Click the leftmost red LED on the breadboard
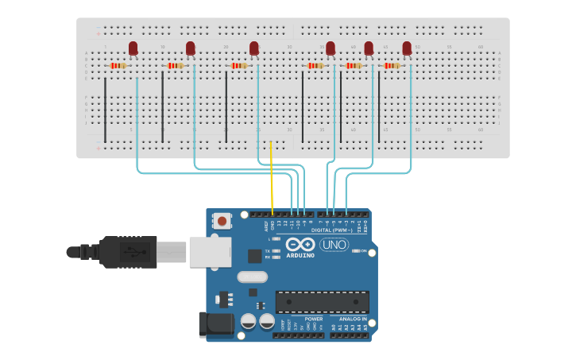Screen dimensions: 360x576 pos(133,48)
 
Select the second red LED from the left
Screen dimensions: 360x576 pos(191,48)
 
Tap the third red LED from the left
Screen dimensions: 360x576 pos(254,48)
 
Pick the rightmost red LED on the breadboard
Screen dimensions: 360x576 pos(407,48)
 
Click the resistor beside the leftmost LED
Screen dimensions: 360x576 pos(118,66)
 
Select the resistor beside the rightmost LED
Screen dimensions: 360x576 pos(392,66)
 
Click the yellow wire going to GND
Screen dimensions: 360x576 pos(272,179)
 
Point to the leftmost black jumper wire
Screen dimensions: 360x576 pos(105,107)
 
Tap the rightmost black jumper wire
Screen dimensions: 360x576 pos(379,107)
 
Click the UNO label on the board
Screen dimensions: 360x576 pos(334,245)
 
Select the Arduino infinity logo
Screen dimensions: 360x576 pos(301,245)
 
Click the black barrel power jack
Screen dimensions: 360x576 pos(215,323)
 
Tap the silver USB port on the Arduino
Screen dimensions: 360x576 pos(210,252)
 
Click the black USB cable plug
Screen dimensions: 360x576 pos(127,252)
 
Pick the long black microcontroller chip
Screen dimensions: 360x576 pos(322,302)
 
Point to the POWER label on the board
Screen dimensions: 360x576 pos(313,319)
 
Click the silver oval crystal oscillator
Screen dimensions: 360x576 pos(252,277)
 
